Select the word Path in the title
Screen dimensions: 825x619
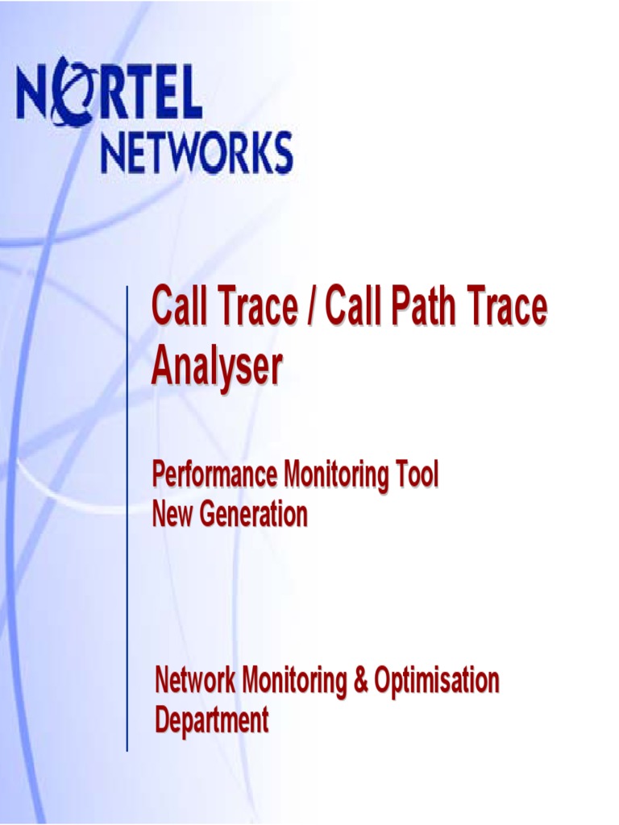[422, 308]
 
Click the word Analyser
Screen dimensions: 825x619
[217, 367]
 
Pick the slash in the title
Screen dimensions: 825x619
[308, 308]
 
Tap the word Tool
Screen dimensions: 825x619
[417, 475]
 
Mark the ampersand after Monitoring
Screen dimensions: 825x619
[360, 681]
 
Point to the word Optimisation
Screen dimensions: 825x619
[437, 682]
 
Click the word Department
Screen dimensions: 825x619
[211, 720]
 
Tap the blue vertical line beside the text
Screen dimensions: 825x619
[127, 516]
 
